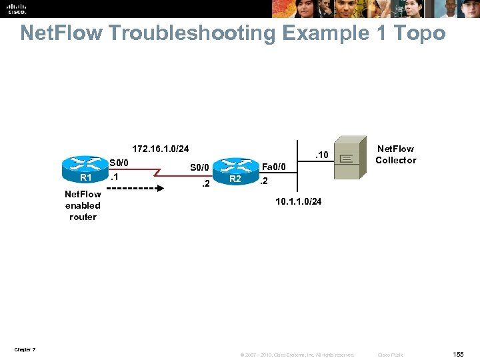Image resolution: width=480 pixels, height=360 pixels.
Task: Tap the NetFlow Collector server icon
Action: pyautogui.click(x=349, y=158)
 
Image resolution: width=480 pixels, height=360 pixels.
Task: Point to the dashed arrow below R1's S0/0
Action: pyautogui.click(x=133, y=188)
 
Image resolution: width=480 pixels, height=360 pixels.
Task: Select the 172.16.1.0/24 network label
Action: pyautogui.click(x=160, y=148)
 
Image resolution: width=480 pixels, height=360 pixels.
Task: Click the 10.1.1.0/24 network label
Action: pyautogui.click(x=299, y=201)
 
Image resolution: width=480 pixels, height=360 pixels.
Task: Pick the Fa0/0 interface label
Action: pyautogui.click(x=273, y=167)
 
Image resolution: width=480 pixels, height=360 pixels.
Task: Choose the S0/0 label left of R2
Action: pyautogui.click(x=200, y=167)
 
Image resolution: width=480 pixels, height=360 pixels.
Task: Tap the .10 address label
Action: pyautogui.click(x=321, y=155)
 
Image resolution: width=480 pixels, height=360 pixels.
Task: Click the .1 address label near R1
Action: pyautogui.click(x=115, y=177)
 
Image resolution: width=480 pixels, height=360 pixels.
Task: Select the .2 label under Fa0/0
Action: pyautogui.click(x=264, y=181)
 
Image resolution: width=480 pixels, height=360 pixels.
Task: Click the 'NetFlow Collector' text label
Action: pyautogui.click(x=395, y=154)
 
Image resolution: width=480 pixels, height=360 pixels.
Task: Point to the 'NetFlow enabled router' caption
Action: pyautogui.click(x=83, y=205)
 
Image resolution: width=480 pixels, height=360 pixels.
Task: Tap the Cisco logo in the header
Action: pyautogui.click(x=17, y=8)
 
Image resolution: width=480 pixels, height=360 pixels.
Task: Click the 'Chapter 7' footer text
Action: pyautogui.click(x=24, y=350)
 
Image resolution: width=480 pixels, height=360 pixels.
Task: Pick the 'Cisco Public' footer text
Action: pyautogui.click(x=390, y=355)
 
